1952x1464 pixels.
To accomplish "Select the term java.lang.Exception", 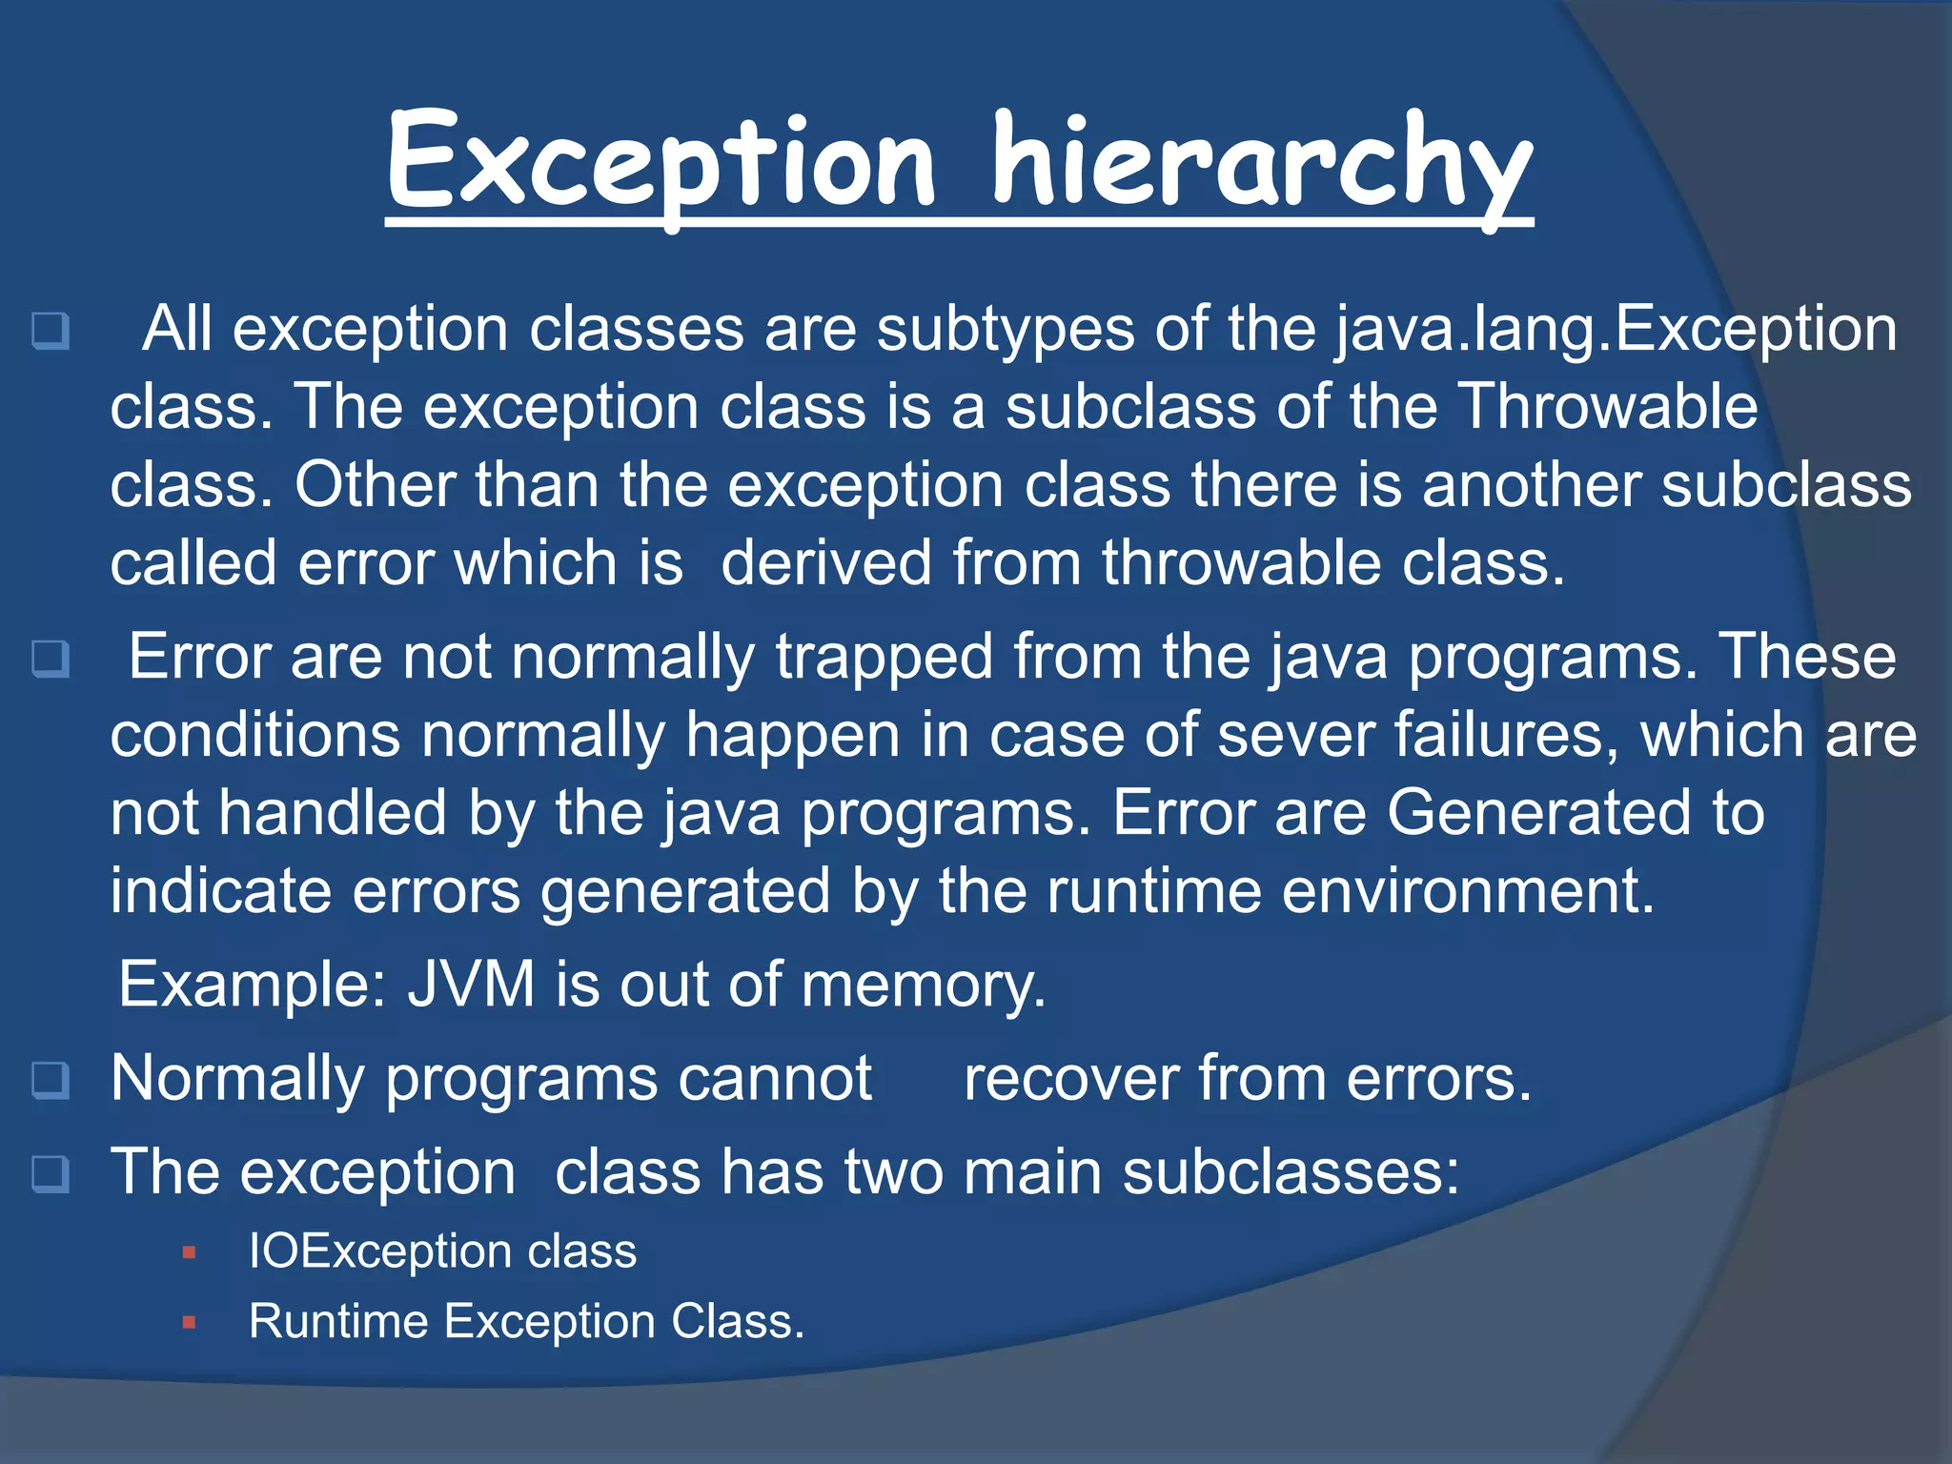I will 1615,330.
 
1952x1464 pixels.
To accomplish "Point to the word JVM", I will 471,985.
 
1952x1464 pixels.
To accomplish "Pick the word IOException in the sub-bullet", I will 380,1251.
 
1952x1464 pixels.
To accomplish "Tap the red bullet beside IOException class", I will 189,1252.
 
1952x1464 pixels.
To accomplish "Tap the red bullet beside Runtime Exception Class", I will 189,1322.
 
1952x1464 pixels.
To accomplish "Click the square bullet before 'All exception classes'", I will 51,331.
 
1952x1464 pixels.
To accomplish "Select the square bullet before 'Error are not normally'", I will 51,659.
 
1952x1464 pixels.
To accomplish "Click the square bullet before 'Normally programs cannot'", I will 51,1080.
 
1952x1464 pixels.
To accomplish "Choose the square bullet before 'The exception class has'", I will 51,1173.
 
